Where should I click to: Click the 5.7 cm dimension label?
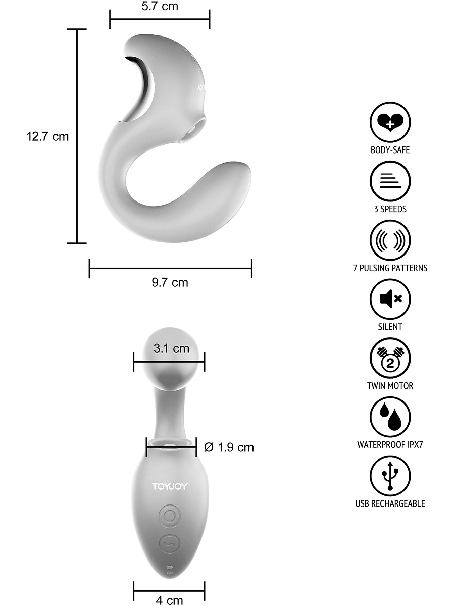pos(160,6)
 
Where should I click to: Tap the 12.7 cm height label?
pos(47,137)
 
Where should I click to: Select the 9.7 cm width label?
pos(170,282)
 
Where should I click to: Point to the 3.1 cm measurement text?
pos(172,348)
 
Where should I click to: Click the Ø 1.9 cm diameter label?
pos(229,447)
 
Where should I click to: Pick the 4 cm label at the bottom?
pos(169,600)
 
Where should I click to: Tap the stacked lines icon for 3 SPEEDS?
pos(390,181)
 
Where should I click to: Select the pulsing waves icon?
pos(390,240)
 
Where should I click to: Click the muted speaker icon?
pos(390,299)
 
